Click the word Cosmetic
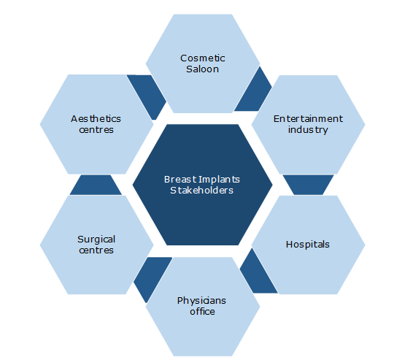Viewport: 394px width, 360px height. tap(203, 58)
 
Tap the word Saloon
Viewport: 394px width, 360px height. tap(203, 69)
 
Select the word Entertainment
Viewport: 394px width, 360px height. tap(308, 118)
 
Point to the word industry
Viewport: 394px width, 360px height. tap(308, 130)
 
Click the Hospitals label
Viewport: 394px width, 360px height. tap(308, 245)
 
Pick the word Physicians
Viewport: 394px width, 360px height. tap(201, 301)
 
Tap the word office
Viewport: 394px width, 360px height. tap(202, 312)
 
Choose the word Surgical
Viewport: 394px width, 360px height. tap(96, 240)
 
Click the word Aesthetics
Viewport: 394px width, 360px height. tap(96, 118)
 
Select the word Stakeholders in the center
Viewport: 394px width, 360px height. tap(202, 191)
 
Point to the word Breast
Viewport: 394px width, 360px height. tap(180, 180)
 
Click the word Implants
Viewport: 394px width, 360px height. tap(220, 180)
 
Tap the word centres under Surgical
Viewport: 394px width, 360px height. tap(96, 250)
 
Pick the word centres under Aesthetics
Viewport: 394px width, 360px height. tap(96, 130)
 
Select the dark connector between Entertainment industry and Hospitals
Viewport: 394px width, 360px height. tap(308, 185)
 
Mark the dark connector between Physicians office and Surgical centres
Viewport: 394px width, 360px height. tap(151, 277)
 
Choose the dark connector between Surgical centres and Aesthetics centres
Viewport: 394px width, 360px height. tap(96, 185)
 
